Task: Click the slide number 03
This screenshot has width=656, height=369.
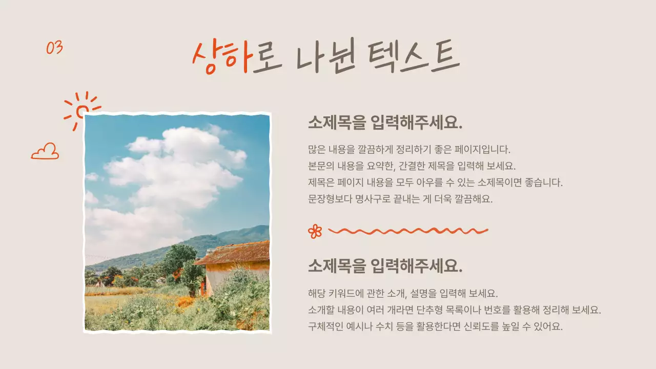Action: [x=54, y=48]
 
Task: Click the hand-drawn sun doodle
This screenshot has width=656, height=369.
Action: [x=81, y=110]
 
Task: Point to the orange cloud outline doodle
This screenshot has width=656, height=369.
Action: [x=45, y=152]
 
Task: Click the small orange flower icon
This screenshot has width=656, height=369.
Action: [x=315, y=231]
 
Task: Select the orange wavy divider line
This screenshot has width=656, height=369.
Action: [x=407, y=231]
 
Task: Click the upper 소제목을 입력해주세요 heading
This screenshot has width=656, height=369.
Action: [x=385, y=123]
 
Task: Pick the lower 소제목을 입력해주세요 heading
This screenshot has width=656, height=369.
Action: [x=385, y=266]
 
